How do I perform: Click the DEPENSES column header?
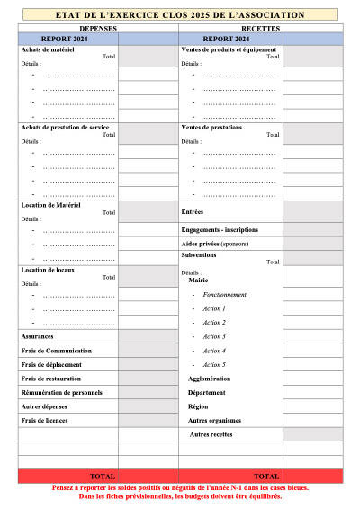97,29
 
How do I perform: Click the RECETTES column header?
261,29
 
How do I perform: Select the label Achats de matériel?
48,49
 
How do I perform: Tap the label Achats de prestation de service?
66,126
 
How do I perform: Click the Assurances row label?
37,336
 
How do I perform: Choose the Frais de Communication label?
56,351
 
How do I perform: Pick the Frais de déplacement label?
51,364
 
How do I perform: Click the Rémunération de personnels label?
61,392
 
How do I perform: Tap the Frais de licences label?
45,420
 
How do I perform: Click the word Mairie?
198,281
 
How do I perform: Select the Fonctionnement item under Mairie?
225,295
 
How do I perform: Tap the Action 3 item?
214,336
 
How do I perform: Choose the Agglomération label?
210,379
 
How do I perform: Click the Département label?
206,393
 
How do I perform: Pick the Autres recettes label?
212,434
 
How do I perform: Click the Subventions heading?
199,254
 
